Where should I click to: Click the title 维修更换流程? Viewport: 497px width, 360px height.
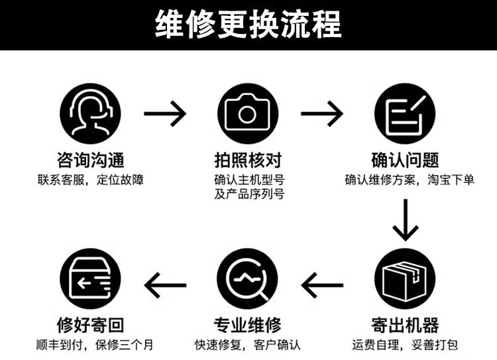[248, 25]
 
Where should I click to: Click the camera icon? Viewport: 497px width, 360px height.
[247, 113]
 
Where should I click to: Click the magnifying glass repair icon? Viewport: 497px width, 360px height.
[247, 279]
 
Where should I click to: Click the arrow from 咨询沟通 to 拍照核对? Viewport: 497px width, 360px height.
[166, 114]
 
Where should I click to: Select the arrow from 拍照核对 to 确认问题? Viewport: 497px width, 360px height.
[323, 114]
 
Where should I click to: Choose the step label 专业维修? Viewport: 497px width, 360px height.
[248, 325]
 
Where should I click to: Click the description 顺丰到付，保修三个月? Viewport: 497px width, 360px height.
[93, 345]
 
